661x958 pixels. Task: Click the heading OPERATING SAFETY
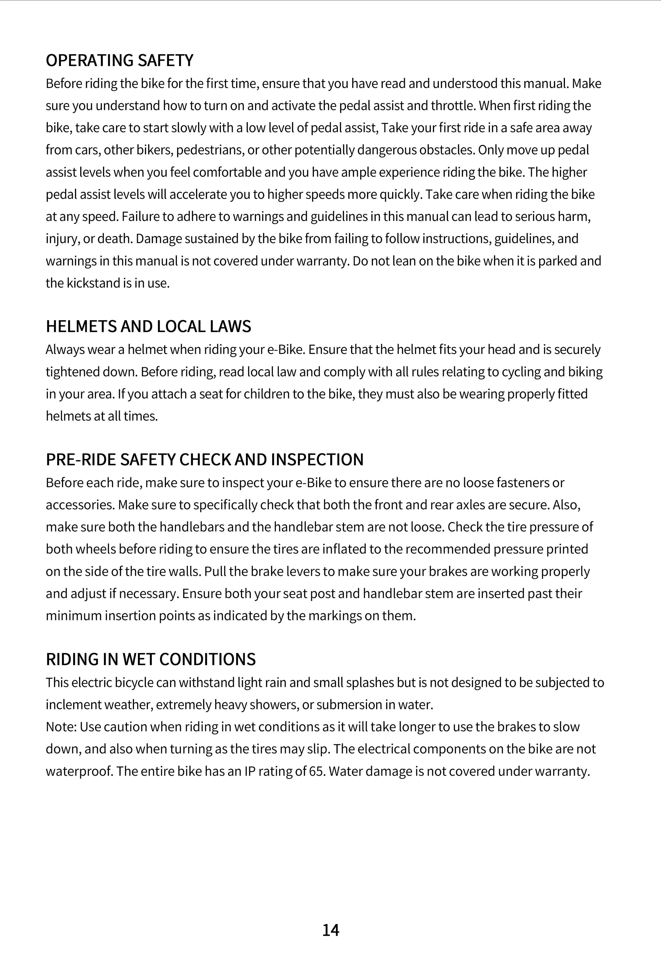tap(119, 61)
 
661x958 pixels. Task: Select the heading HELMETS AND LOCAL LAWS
tap(148, 326)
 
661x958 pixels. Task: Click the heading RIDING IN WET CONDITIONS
tap(151, 659)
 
